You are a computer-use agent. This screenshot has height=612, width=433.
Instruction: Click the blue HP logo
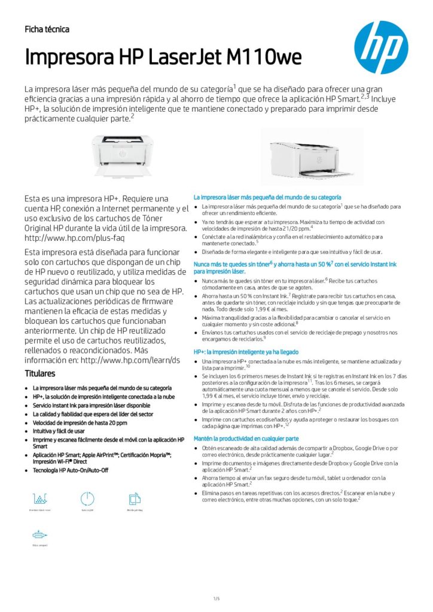[381, 47]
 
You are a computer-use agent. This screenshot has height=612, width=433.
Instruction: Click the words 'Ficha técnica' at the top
[47, 29]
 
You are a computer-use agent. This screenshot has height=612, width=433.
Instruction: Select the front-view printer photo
[122, 154]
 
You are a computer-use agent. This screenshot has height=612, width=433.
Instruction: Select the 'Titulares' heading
[40, 374]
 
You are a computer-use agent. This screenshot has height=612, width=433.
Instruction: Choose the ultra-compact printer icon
[40, 535]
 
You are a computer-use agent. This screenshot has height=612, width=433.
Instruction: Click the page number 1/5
[216, 598]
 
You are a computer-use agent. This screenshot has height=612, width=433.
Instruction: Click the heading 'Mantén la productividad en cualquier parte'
[246, 439]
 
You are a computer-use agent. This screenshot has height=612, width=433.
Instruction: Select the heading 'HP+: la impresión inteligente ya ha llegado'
[246, 352]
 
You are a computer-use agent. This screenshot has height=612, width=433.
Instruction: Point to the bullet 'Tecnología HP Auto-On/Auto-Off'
[71, 470]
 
